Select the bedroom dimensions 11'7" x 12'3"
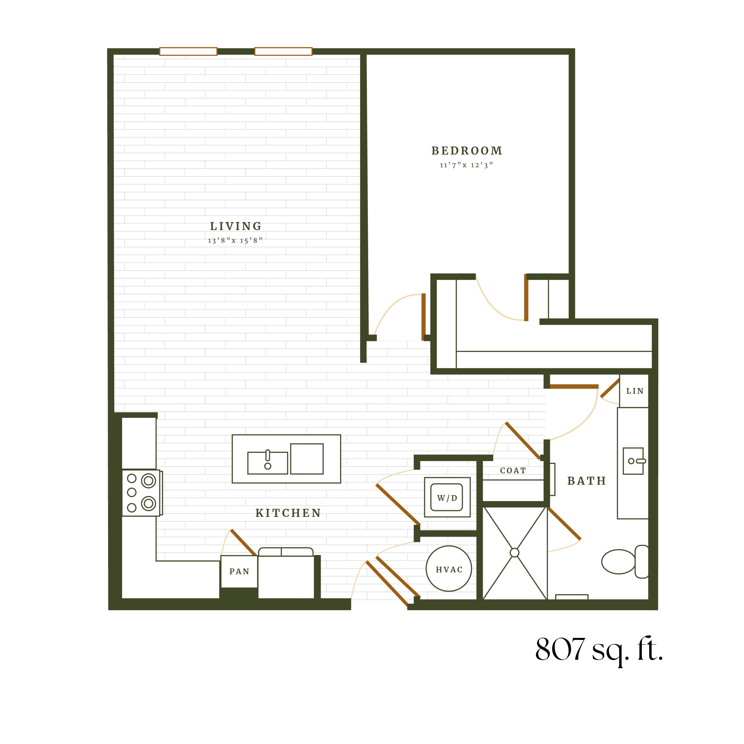point(466,165)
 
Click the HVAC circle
point(449,568)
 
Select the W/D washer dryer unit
point(447,497)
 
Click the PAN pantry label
point(239,572)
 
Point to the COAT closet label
point(513,471)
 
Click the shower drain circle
point(514,553)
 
